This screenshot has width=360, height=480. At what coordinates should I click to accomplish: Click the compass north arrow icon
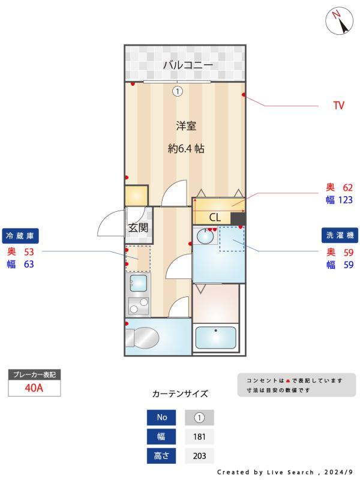click(339, 22)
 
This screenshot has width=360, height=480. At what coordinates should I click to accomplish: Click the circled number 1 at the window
click(177, 91)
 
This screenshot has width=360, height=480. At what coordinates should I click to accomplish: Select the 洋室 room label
click(186, 126)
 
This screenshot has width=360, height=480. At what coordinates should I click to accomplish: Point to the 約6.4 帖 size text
click(186, 148)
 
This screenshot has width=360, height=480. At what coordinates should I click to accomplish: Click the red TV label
click(339, 106)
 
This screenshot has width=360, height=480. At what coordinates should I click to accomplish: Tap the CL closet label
click(215, 217)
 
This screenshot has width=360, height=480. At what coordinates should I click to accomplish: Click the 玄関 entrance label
click(137, 227)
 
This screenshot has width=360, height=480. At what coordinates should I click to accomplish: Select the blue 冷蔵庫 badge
click(22, 235)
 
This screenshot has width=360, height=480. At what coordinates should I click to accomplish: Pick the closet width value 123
click(344, 200)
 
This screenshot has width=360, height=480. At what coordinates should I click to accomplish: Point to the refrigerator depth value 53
click(29, 251)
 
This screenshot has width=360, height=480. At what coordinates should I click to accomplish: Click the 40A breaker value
click(34, 388)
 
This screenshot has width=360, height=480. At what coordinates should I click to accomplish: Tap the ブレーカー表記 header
click(34, 374)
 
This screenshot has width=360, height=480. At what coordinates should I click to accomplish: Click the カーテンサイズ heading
click(180, 394)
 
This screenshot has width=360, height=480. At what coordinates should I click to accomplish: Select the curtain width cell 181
click(199, 437)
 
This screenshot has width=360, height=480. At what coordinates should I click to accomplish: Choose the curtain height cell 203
click(199, 456)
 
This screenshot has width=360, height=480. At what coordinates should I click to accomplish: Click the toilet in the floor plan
click(144, 338)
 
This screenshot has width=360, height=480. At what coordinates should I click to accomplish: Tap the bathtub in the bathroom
click(216, 338)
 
